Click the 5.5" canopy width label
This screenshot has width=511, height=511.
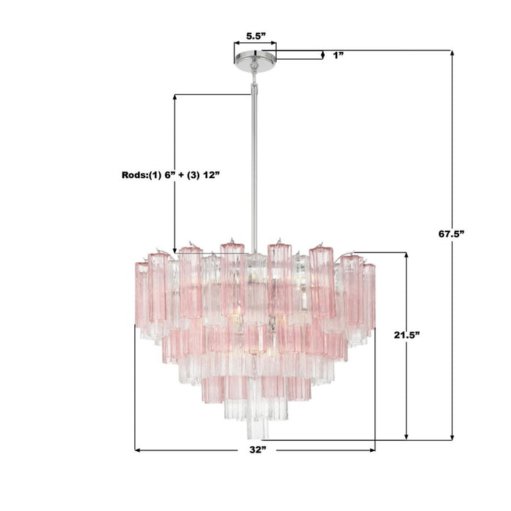coord(255,34)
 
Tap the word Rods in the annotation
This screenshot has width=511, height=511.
coord(134,175)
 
